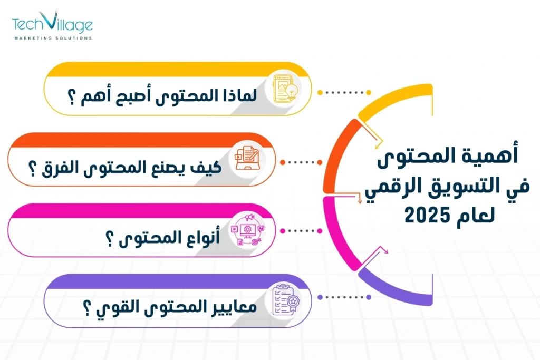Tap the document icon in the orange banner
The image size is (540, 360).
[x=247, y=155]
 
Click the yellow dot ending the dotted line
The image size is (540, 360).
[x=320, y=93]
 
